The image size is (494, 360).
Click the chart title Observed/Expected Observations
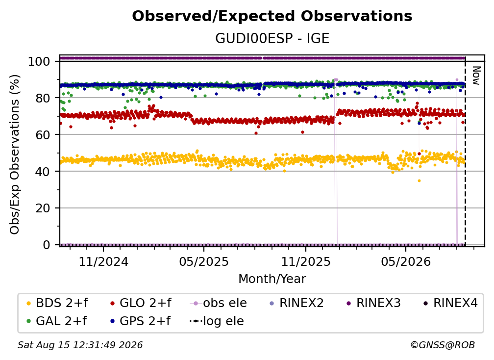(x=272, y=16)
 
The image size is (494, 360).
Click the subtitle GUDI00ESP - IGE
(x=272, y=38)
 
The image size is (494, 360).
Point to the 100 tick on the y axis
(x=39, y=61)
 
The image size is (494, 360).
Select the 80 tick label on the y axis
(x=43, y=98)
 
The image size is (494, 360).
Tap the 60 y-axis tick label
(x=43, y=134)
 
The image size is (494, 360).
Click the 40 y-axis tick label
(x=43, y=172)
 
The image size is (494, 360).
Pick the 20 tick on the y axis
(x=43, y=208)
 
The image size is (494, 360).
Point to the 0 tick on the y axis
(x=47, y=245)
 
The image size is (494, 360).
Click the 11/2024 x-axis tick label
(x=103, y=261)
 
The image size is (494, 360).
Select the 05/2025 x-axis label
(x=204, y=261)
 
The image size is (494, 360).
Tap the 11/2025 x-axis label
(x=306, y=261)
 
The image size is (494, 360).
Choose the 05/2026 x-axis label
(x=406, y=261)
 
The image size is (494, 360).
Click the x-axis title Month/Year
(x=272, y=279)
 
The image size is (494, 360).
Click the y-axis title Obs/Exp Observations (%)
(x=15, y=154)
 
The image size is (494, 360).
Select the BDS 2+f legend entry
(x=57, y=303)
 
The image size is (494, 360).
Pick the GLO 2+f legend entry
(x=141, y=303)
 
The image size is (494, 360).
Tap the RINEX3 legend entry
(x=373, y=303)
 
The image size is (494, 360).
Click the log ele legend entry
(x=217, y=321)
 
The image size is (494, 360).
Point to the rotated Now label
(x=476, y=76)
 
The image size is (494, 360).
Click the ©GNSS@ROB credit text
(x=443, y=345)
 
